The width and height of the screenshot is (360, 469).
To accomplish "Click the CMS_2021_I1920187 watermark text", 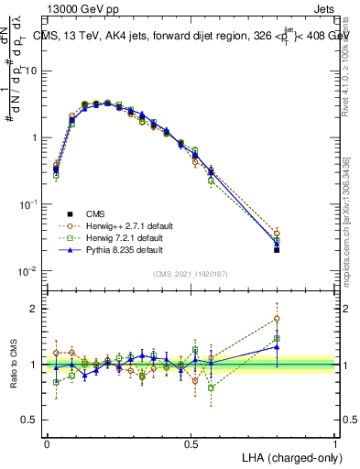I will (191, 274).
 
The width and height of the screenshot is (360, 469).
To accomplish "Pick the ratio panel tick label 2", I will (36, 309).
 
